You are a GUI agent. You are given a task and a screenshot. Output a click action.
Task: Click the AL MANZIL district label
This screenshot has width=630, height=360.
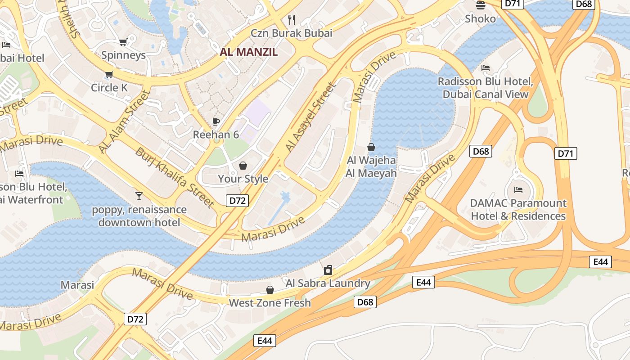248,52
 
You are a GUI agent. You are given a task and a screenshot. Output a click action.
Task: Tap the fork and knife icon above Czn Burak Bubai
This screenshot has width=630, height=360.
292,19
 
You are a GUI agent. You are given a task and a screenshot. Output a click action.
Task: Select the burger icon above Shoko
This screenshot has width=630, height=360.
481,5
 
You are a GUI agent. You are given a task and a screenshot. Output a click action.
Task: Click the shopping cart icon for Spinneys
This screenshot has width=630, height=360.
123,42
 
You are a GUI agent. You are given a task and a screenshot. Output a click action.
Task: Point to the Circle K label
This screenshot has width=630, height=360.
109,87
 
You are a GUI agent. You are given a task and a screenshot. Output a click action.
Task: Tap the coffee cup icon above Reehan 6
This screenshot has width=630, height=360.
216,121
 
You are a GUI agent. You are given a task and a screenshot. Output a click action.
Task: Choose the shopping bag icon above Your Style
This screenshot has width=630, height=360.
243,166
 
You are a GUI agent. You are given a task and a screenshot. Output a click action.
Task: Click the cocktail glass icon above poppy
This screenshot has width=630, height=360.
139,196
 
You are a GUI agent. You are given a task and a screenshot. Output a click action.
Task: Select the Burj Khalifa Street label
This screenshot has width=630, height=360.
175,177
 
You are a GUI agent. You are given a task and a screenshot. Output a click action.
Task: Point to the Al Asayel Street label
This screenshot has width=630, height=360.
310,117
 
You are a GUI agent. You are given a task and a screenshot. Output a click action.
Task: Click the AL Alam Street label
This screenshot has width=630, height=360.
124,121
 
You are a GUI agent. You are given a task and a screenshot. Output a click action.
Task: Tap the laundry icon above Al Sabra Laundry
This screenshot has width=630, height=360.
328,270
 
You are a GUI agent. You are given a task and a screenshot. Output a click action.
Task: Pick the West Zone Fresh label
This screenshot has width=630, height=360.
270,303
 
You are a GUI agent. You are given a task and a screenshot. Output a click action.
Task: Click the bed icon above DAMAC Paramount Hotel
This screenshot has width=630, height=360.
518,190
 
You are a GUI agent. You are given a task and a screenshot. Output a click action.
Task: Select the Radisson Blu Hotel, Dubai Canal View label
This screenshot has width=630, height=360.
485,88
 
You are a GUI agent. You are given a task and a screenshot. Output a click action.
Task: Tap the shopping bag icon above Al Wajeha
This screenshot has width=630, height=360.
371,147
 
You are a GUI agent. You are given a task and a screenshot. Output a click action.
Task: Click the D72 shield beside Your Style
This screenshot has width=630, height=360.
237,201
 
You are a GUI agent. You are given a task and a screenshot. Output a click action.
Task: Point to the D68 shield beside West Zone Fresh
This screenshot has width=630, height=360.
365,302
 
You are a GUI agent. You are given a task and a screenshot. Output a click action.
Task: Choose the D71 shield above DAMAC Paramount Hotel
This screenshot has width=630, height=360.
566,153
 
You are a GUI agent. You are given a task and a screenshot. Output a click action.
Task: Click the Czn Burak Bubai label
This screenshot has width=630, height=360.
291,33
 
